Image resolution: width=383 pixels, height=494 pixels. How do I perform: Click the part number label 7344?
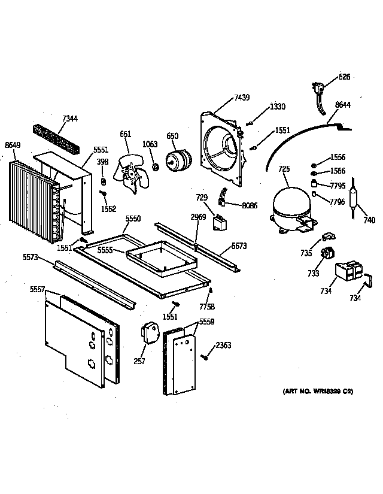point(70,119)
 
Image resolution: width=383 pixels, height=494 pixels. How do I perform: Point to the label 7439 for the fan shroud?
point(242,97)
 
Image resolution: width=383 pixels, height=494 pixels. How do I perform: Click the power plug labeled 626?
point(319,89)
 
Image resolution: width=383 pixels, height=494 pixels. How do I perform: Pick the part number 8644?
point(343,105)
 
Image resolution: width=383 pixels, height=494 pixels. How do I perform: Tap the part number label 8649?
point(13,144)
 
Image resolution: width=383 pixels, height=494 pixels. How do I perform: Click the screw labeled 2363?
point(205,357)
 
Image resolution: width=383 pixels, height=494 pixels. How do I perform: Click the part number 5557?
point(37,289)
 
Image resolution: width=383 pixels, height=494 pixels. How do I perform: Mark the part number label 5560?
point(133,220)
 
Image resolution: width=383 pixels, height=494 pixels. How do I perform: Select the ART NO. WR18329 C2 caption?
point(318,392)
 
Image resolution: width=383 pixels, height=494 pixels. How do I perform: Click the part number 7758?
point(208,307)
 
